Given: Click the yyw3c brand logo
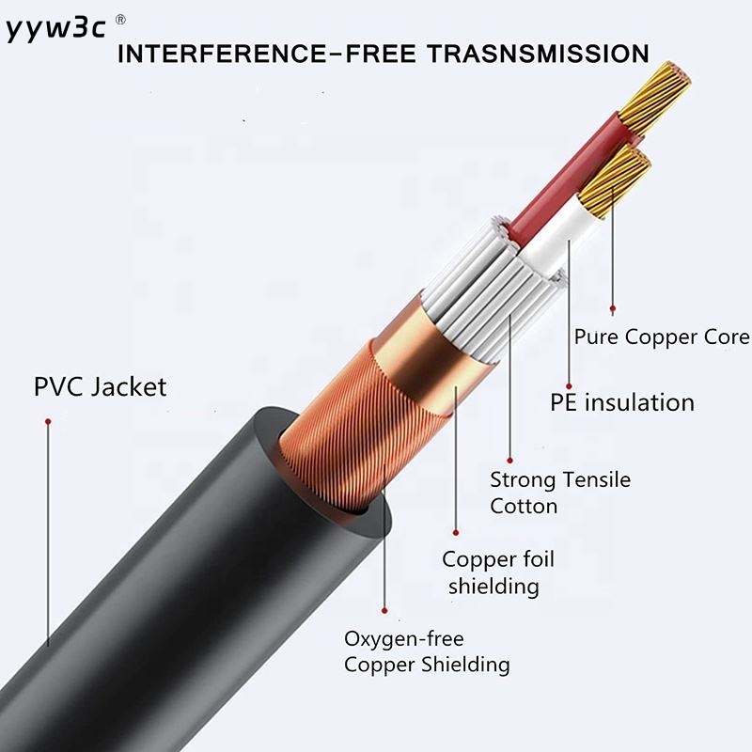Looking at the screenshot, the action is click(x=55, y=29).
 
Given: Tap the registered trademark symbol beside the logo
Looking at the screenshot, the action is click(x=121, y=20).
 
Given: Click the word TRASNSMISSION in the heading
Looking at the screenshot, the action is click(x=538, y=54).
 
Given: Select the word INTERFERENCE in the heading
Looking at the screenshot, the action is click(x=222, y=54).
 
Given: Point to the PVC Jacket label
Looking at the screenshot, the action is click(x=101, y=386).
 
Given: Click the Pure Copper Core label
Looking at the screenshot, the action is click(x=662, y=337).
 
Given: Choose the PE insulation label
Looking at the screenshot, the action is click(x=622, y=402).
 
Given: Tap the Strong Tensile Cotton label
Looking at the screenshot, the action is click(x=560, y=493).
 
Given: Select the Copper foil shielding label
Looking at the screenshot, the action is click(x=498, y=572).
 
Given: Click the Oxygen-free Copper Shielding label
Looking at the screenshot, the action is click(x=427, y=651).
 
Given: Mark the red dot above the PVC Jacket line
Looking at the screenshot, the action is click(x=48, y=421).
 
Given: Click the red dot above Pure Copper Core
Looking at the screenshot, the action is click(x=613, y=308).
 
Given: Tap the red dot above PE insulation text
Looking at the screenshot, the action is click(x=569, y=386).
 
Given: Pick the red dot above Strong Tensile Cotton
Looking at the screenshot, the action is click(x=509, y=461).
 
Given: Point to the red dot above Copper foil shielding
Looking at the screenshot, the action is click(x=456, y=532).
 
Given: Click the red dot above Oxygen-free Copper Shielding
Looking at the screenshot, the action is click(x=384, y=610).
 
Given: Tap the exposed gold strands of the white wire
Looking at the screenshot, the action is click(x=615, y=183).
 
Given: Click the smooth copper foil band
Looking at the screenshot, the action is click(x=422, y=355).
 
